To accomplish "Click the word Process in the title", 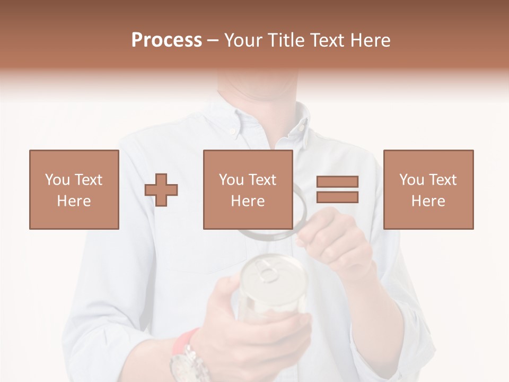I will pyautogui.click(x=166, y=40).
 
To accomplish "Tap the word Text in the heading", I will pyautogui.click(x=329, y=40).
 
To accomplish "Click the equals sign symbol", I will pyautogui.click(x=337, y=189).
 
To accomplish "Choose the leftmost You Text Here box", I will pyautogui.click(x=74, y=189).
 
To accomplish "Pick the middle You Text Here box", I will pyautogui.click(x=248, y=189).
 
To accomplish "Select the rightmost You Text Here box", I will pyautogui.click(x=428, y=189).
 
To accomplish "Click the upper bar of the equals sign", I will pyautogui.click(x=337, y=182).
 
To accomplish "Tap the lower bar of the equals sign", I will pyautogui.click(x=337, y=197).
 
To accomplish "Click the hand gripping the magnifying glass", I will pyautogui.click(x=334, y=239).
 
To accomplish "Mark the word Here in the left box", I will pyautogui.click(x=74, y=201).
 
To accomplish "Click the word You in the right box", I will pyautogui.click(x=411, y=180).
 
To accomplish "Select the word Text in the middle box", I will pyautogui.click(x=262, y=180).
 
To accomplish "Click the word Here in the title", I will pyautogui.click(x=371, y=40).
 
